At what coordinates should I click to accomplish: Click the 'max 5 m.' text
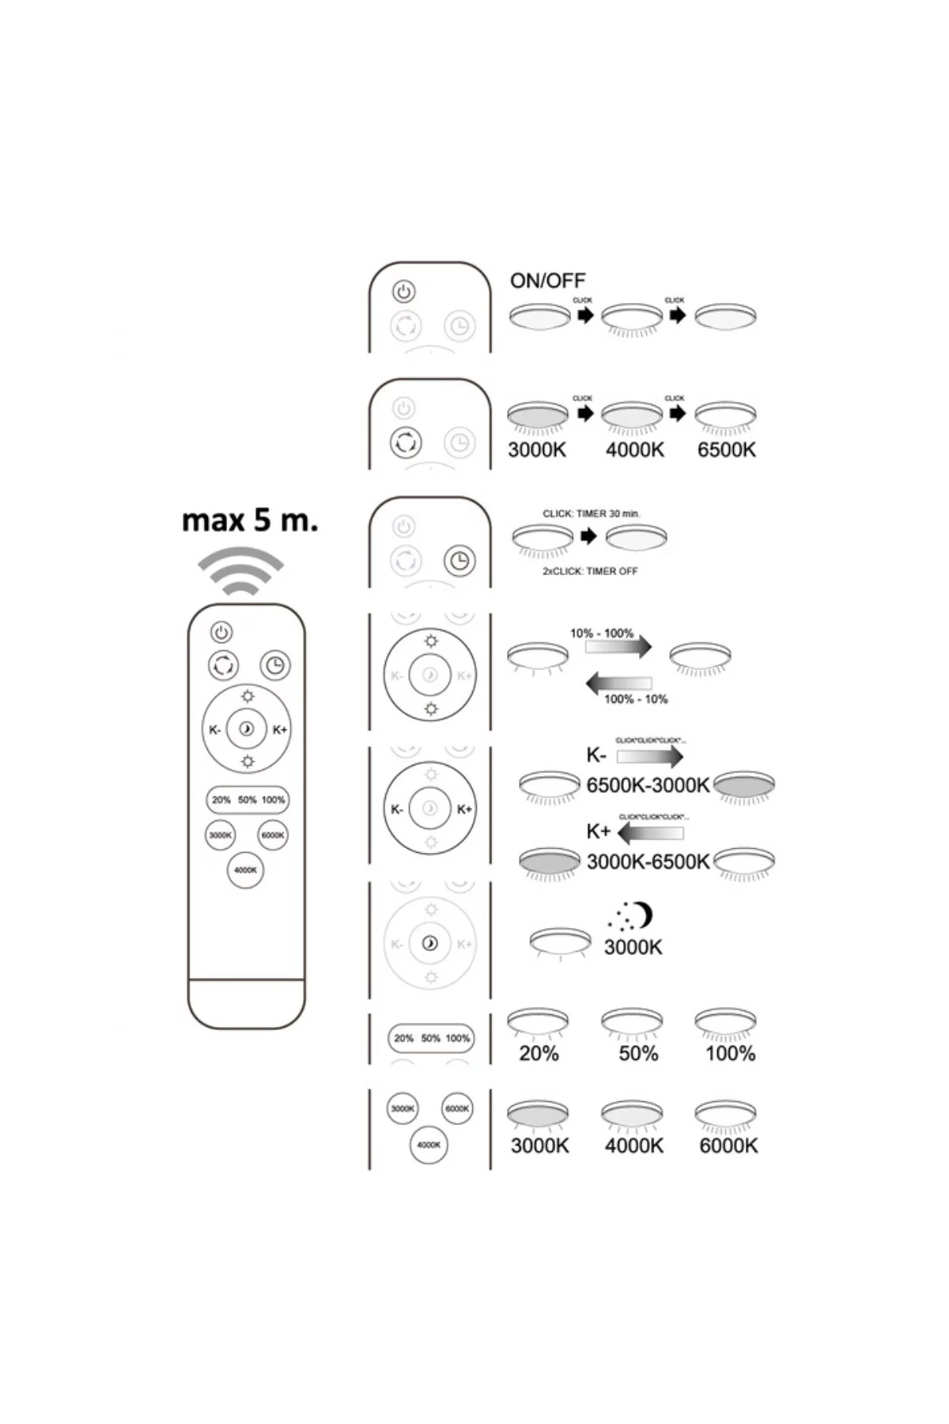tap(250, 521)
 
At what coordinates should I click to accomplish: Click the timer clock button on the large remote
tap(274, 665)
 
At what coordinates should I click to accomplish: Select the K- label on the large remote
tap(215, 729)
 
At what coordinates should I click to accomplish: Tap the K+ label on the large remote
tap(279, 729)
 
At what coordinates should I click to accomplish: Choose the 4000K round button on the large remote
tap(245, 870)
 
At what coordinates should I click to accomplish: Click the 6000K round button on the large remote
tap(273, 835)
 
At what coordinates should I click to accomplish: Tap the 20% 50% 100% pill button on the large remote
tap(248, 800)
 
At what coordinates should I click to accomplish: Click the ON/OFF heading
tap(547, 281)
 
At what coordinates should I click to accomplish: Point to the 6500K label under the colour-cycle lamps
tap(726, 450)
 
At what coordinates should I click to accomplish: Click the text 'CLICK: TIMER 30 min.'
tap(591, 513)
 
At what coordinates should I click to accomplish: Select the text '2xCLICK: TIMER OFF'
tap(589, 571)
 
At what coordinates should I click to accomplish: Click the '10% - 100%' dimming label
tap(602, 633)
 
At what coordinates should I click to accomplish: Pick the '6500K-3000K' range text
tap(648, 786)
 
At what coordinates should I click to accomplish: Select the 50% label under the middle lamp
tap(638, 1054)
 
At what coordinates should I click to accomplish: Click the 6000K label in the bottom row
tap(728, 1146)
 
